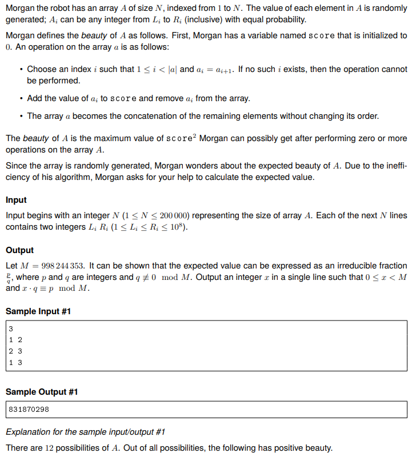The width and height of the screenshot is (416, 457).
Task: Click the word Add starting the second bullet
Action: [35, 98]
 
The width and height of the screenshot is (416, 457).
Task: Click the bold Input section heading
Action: [16, 200]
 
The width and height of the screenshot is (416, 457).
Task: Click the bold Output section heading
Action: [19, 250]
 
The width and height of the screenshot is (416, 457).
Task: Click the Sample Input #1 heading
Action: [38, 311]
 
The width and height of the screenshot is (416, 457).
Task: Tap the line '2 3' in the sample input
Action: [15, 351]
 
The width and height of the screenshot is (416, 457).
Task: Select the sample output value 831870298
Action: [29, 410]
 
